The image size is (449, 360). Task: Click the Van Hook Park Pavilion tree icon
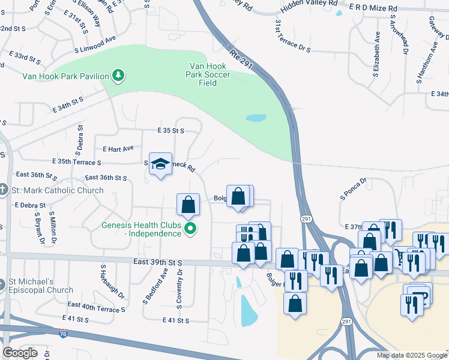(119, 76)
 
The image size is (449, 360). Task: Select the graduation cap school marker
(160, 164)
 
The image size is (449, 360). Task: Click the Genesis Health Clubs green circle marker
(191, 229)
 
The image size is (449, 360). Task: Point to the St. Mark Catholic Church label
(58, 191)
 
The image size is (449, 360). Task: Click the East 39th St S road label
(157, 262)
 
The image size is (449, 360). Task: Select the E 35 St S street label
(170, 130)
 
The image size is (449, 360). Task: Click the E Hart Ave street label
(118, 148)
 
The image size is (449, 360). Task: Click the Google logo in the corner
(20, 353)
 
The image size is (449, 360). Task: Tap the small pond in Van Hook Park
(256, 118)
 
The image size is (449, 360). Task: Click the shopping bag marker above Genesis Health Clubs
(188, 204)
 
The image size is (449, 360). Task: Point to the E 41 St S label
(176, 321)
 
